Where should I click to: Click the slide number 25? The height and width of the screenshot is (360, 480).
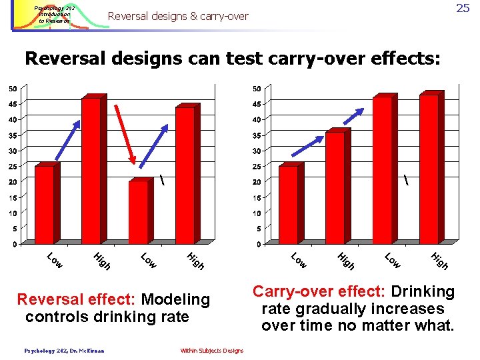tap(463, 9)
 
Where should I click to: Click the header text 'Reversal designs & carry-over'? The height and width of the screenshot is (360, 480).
tap(177, 15)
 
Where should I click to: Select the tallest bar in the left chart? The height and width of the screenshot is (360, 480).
tap(91, 170)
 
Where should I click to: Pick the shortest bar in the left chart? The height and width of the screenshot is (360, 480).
tap(138, 211)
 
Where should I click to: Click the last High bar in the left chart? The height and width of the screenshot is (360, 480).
tap(185, 175)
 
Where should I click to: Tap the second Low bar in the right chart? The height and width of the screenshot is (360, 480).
tap(382, 170)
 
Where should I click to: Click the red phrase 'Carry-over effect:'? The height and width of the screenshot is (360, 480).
tap(319, 292)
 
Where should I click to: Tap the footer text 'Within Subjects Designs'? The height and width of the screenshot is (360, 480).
tap(211, 351)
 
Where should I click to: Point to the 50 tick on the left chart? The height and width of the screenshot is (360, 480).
tap(13, 88)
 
